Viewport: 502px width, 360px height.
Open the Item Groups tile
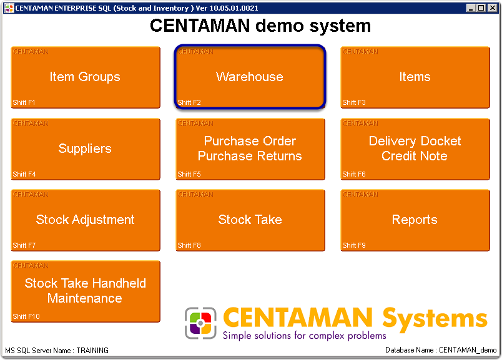coord(85,77)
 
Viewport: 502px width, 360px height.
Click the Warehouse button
coord(250,77)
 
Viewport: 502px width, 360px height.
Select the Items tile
coord(415,77)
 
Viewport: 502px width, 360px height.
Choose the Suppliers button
coord(85,148)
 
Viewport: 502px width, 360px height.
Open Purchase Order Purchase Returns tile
coord(250,148)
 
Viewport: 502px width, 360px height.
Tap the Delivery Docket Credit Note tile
coord(415,148)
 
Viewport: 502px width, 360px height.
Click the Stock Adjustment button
coord(85,220)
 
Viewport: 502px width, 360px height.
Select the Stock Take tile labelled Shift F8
coord(250,220)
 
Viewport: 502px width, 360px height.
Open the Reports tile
coord(415,220)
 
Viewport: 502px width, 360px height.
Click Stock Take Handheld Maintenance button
coord(85,291)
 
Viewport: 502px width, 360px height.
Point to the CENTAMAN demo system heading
coord(260,26)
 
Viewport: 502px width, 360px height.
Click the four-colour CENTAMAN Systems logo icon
coord(200,323)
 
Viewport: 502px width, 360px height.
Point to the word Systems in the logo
coord(435,318)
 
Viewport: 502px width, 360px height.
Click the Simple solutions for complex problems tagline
coord(304,336)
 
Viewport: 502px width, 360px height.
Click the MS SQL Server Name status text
coord(57,351)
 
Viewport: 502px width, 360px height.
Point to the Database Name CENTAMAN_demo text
coord(441,351)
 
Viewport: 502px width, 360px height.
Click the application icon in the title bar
coord(9,8)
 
